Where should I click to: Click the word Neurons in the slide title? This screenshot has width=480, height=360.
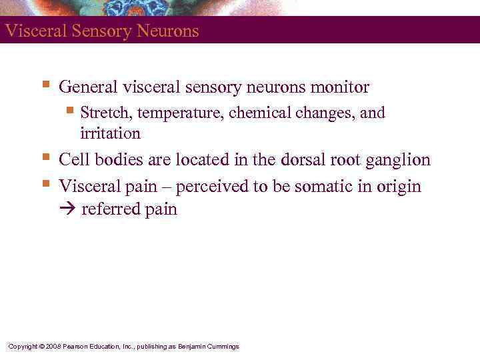click(169, 31)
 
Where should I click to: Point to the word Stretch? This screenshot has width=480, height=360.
click(102, 113)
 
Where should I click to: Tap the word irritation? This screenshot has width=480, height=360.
click(110, 133)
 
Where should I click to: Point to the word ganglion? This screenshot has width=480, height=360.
click(400, 161)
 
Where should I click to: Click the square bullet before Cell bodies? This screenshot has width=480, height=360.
click(45, 158)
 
